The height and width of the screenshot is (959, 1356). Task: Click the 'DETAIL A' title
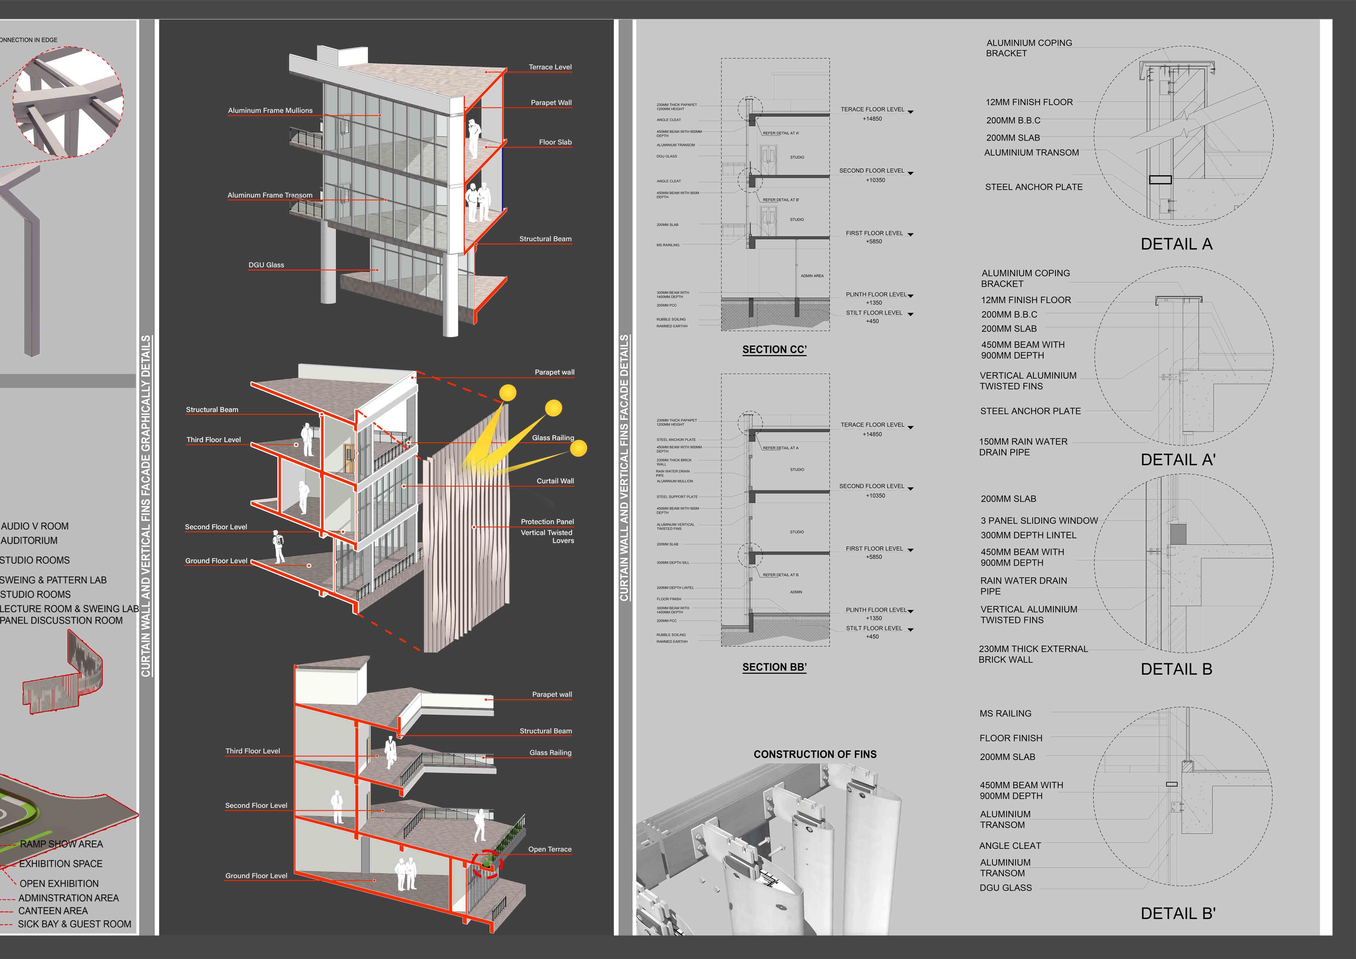click(x=1176, y=244)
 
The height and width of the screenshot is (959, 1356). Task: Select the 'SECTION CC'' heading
click(x=774, y=350)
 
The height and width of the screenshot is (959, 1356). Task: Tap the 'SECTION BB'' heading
click(x=774, y=667)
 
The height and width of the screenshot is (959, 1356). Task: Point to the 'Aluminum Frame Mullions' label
click(x=270, y=110)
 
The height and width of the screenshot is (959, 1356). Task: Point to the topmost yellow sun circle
click(x=507, y=393)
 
